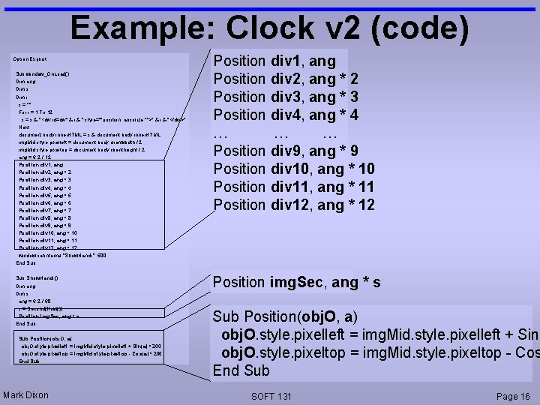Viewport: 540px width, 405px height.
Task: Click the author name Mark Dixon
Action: click(25, 395)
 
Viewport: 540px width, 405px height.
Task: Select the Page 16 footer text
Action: click(514, 395)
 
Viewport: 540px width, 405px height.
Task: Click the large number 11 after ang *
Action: click(365, 187)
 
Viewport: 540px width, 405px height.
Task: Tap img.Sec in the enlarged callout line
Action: click(298, 283)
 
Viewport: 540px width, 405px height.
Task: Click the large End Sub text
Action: click(241, 370)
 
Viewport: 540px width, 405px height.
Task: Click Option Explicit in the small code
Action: click(31, 58)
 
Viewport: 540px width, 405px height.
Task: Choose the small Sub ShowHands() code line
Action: click(37, 278)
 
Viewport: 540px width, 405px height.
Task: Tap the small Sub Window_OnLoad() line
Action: click(42, 73)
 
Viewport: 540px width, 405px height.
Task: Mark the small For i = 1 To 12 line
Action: click(42, 111)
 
